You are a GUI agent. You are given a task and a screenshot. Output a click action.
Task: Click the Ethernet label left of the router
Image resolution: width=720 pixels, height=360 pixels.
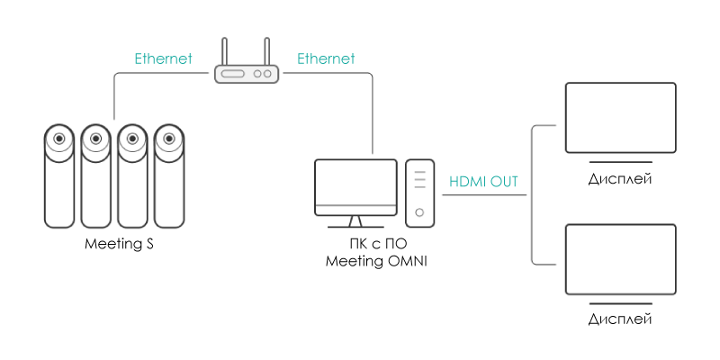[164, 59]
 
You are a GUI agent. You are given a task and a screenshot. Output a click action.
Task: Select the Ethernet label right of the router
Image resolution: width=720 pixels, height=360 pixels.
[326, 59]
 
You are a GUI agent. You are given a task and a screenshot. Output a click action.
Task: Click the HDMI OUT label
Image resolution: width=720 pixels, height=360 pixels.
[483, 182]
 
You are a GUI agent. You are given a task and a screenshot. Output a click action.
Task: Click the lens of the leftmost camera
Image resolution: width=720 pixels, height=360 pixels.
[59, 139]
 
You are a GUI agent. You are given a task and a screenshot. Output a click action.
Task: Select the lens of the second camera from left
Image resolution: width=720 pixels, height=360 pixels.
[95, 139]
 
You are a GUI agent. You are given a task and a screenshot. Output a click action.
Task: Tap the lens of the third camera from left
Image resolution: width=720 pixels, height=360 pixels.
[131, 139]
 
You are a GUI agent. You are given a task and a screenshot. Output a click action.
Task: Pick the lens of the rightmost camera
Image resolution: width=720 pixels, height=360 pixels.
[167, 139]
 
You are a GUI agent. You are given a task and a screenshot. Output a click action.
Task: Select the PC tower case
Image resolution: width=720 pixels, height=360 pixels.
[419, 193]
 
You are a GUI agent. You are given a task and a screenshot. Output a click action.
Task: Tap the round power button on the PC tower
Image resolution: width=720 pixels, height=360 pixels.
[419, 213]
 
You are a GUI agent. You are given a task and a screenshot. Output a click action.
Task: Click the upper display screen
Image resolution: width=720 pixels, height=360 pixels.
[620, 119]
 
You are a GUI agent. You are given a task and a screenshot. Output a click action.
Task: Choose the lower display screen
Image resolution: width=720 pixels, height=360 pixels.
[620, 259]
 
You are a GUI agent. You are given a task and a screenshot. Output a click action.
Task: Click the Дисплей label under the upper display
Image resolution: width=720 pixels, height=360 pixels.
[620, 179]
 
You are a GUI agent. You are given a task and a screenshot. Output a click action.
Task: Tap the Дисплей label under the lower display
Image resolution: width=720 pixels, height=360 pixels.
[620, 319]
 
